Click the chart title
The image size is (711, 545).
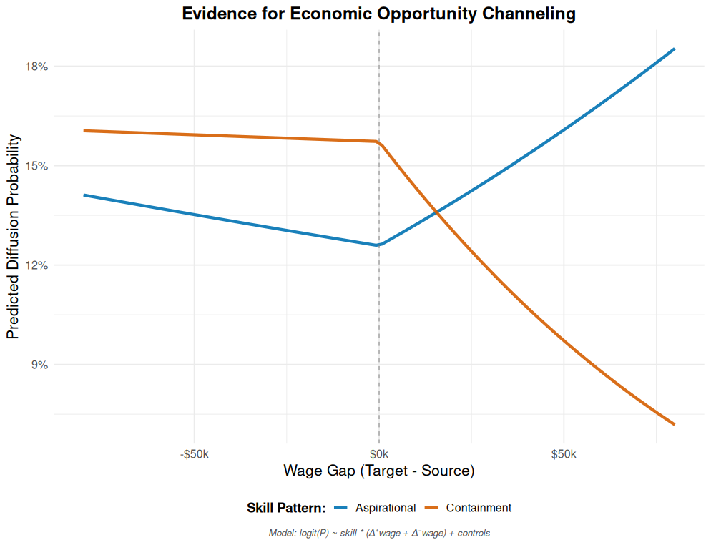pyautogui.click(x=379, y=14)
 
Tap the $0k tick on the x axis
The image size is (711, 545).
pyautogui.click(x=379, y=454)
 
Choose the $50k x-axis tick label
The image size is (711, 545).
pyautogui.click(x=564, y=454)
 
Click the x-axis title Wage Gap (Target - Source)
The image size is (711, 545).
pyautogui.click(x=379, y=471)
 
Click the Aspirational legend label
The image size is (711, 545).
pyautogui.click(x=386, y=508)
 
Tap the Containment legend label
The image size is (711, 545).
pyautogui.click(x=479, y=508)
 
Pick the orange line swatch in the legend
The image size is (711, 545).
pyautogui.click(x=431, y=508)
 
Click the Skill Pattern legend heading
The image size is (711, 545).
pyautogui.click(x=286, y=508)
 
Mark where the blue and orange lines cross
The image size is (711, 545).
pyautogui.click(x=436, y=212)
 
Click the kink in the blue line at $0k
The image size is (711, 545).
pyautogui.click(x=379, y=245)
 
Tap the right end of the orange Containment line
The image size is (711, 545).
pyautogui.click(x=674, y=424)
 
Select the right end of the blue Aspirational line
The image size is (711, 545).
pyautogui.click(x=674, y=49)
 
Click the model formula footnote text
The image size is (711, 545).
pyautogui.click(x=379, y=533)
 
